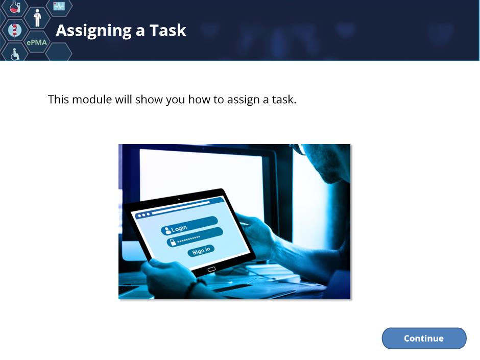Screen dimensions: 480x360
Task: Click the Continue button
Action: tap(424, 338)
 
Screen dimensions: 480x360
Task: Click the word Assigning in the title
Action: tap(94, 31)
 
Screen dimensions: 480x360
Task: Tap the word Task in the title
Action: tap(168, 30)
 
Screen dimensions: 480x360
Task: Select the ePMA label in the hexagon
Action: tap(37, 42)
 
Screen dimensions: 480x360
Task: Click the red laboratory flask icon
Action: tap(15, 7)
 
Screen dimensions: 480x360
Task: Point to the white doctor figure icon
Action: tap(37, 18)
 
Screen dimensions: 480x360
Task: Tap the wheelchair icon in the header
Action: tap(15, 54)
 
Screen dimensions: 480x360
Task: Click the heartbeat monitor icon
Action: tap(59, 6)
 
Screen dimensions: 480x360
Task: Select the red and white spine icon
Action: tap(14, 30)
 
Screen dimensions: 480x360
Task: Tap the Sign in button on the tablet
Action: tap(201, 251)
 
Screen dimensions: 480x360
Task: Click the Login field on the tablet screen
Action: tap(189, 225)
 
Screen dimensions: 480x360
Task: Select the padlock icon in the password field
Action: tap(173, 243)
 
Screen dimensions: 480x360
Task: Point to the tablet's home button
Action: tap(211, 270)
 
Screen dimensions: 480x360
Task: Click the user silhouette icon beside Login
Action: tap(167, 230)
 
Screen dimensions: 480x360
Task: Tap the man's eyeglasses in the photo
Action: tap(299, 149)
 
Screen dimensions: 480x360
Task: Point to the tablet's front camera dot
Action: tap(179, 199)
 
